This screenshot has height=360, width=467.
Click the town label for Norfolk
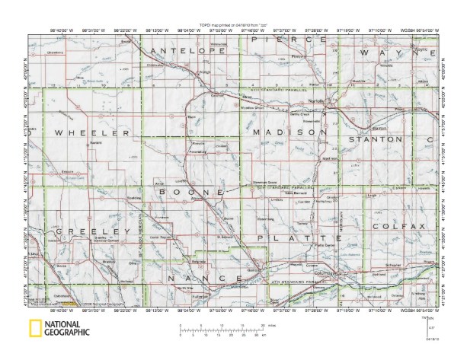pyautogui.click(x=315, y=100)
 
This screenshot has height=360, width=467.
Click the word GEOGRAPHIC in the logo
pyautogui.click(x=67, y=333)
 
